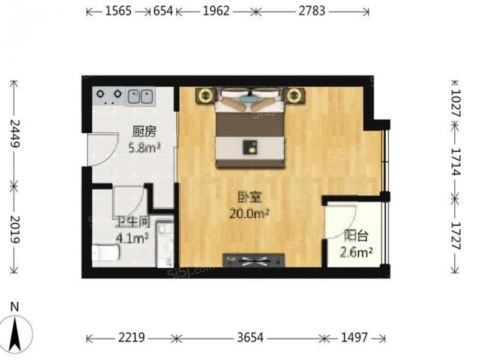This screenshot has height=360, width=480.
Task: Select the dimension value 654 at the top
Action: click(161, 11)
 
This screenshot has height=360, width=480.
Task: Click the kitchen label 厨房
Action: click(140, 131)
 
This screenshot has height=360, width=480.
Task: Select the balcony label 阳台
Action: click(353, 235)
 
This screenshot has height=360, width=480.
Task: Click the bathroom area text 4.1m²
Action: click(131, 238)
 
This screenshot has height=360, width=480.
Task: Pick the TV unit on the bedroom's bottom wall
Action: click(254, 261)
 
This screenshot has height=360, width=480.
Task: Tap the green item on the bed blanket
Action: click(250, 146)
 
